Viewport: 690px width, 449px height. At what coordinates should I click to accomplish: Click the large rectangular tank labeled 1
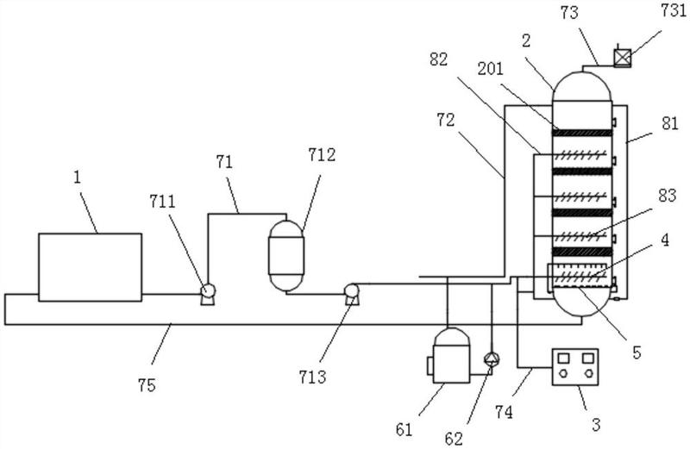(91, 267)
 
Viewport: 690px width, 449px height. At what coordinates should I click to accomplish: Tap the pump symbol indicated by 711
(207, 293)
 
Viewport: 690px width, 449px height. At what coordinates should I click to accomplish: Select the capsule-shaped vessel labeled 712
(286, 256)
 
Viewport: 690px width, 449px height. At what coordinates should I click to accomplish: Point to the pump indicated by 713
(351, 294)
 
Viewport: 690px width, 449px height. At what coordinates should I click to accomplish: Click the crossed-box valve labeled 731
(622, 58)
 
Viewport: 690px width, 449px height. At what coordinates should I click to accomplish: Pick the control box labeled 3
(575, 367)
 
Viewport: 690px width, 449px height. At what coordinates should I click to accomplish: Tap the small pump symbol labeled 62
(491, 360)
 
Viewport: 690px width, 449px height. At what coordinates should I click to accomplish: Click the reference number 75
(147, 385)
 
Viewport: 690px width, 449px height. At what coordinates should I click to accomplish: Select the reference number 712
(322, 155)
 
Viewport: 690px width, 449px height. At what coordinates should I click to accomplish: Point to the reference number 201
(490, 69)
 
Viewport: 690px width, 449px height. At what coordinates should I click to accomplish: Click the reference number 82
(439, 59)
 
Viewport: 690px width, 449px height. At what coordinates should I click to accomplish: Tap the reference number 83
(667, 196)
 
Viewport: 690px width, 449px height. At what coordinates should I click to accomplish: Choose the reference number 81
(670, 123)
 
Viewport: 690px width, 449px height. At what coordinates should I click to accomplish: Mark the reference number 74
(504, 412)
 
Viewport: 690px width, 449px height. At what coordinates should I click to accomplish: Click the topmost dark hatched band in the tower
(581, 133)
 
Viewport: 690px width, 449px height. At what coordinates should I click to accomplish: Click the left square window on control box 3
(563, 358)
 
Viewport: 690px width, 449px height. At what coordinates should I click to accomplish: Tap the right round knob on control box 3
(588, 374)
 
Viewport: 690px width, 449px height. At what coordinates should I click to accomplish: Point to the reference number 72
(446, 120)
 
